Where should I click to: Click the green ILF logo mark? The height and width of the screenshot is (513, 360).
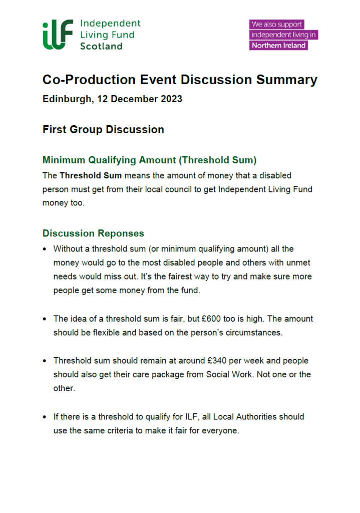tap(58, 35)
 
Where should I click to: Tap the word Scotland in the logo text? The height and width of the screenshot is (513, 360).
tap(101, 46)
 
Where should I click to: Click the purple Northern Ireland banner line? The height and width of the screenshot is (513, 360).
tap(279, 45)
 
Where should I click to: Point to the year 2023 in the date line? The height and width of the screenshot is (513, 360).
tap(171, 99)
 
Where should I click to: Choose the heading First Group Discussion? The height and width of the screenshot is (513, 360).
tap(103, 130)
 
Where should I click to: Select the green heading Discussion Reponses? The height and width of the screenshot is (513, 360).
tap(93, 233)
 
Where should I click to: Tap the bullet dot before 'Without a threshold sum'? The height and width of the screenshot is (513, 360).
tap(45, 249)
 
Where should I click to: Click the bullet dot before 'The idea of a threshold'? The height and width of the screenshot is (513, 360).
tap(45, 319)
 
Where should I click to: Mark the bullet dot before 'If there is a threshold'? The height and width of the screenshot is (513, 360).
tap(45, 417)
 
